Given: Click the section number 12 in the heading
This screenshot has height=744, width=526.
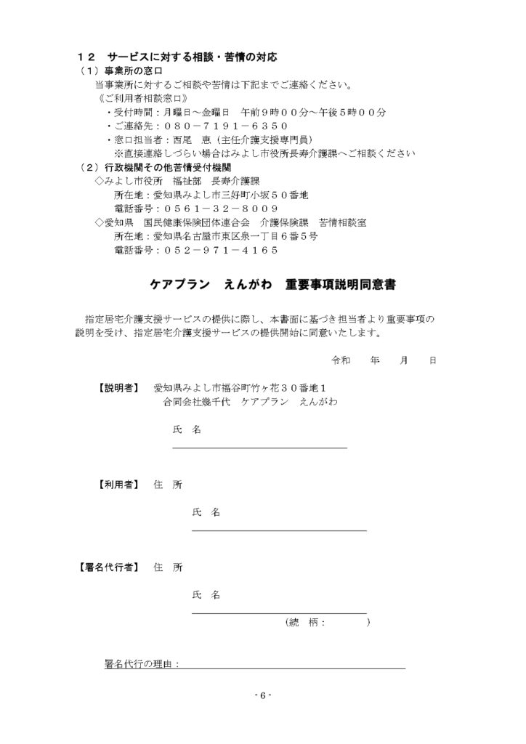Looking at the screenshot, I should tap(86, 57).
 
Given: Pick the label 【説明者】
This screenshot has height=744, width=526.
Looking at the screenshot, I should tap(115, 387).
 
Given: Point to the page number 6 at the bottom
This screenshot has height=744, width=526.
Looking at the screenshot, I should tap(263, 695).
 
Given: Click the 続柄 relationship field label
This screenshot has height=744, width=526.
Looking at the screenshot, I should tap(306, 623).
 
